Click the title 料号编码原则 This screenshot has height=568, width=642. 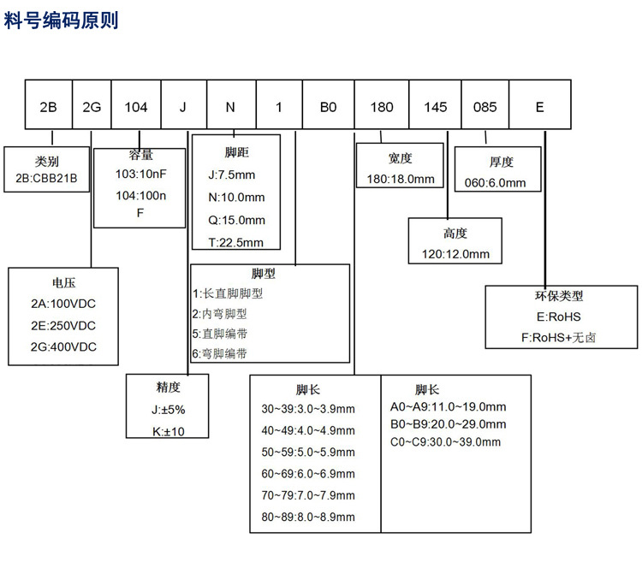coord(61,20)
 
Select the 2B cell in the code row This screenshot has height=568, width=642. coord(49,104)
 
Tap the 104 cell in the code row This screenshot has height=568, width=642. coord(136,104)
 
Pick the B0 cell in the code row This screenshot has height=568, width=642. coord(329,104)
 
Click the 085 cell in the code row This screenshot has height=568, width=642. coord(485,104)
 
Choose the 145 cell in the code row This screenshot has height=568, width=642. coord(435,104)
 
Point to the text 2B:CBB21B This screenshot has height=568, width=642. coord(46,179)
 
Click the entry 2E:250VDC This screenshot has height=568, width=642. coord(63,326)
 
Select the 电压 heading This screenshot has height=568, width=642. coord(64,283)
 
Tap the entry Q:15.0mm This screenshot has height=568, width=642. coord(236,220)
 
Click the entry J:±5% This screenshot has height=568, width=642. coord(169,410)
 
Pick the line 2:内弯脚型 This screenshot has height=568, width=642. coord(220,314)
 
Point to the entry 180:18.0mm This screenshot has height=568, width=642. coord(401,180)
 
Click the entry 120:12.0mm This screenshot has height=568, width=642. coord(455,254)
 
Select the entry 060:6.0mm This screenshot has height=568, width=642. coord(495,183)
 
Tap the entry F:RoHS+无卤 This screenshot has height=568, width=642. coord(558,338)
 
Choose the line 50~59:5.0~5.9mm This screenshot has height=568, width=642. coord(308,453)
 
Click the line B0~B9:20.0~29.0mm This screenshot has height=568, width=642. coord(448,424)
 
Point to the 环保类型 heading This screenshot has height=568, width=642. coord(559,296)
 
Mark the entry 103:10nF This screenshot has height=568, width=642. coord(141,174)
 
